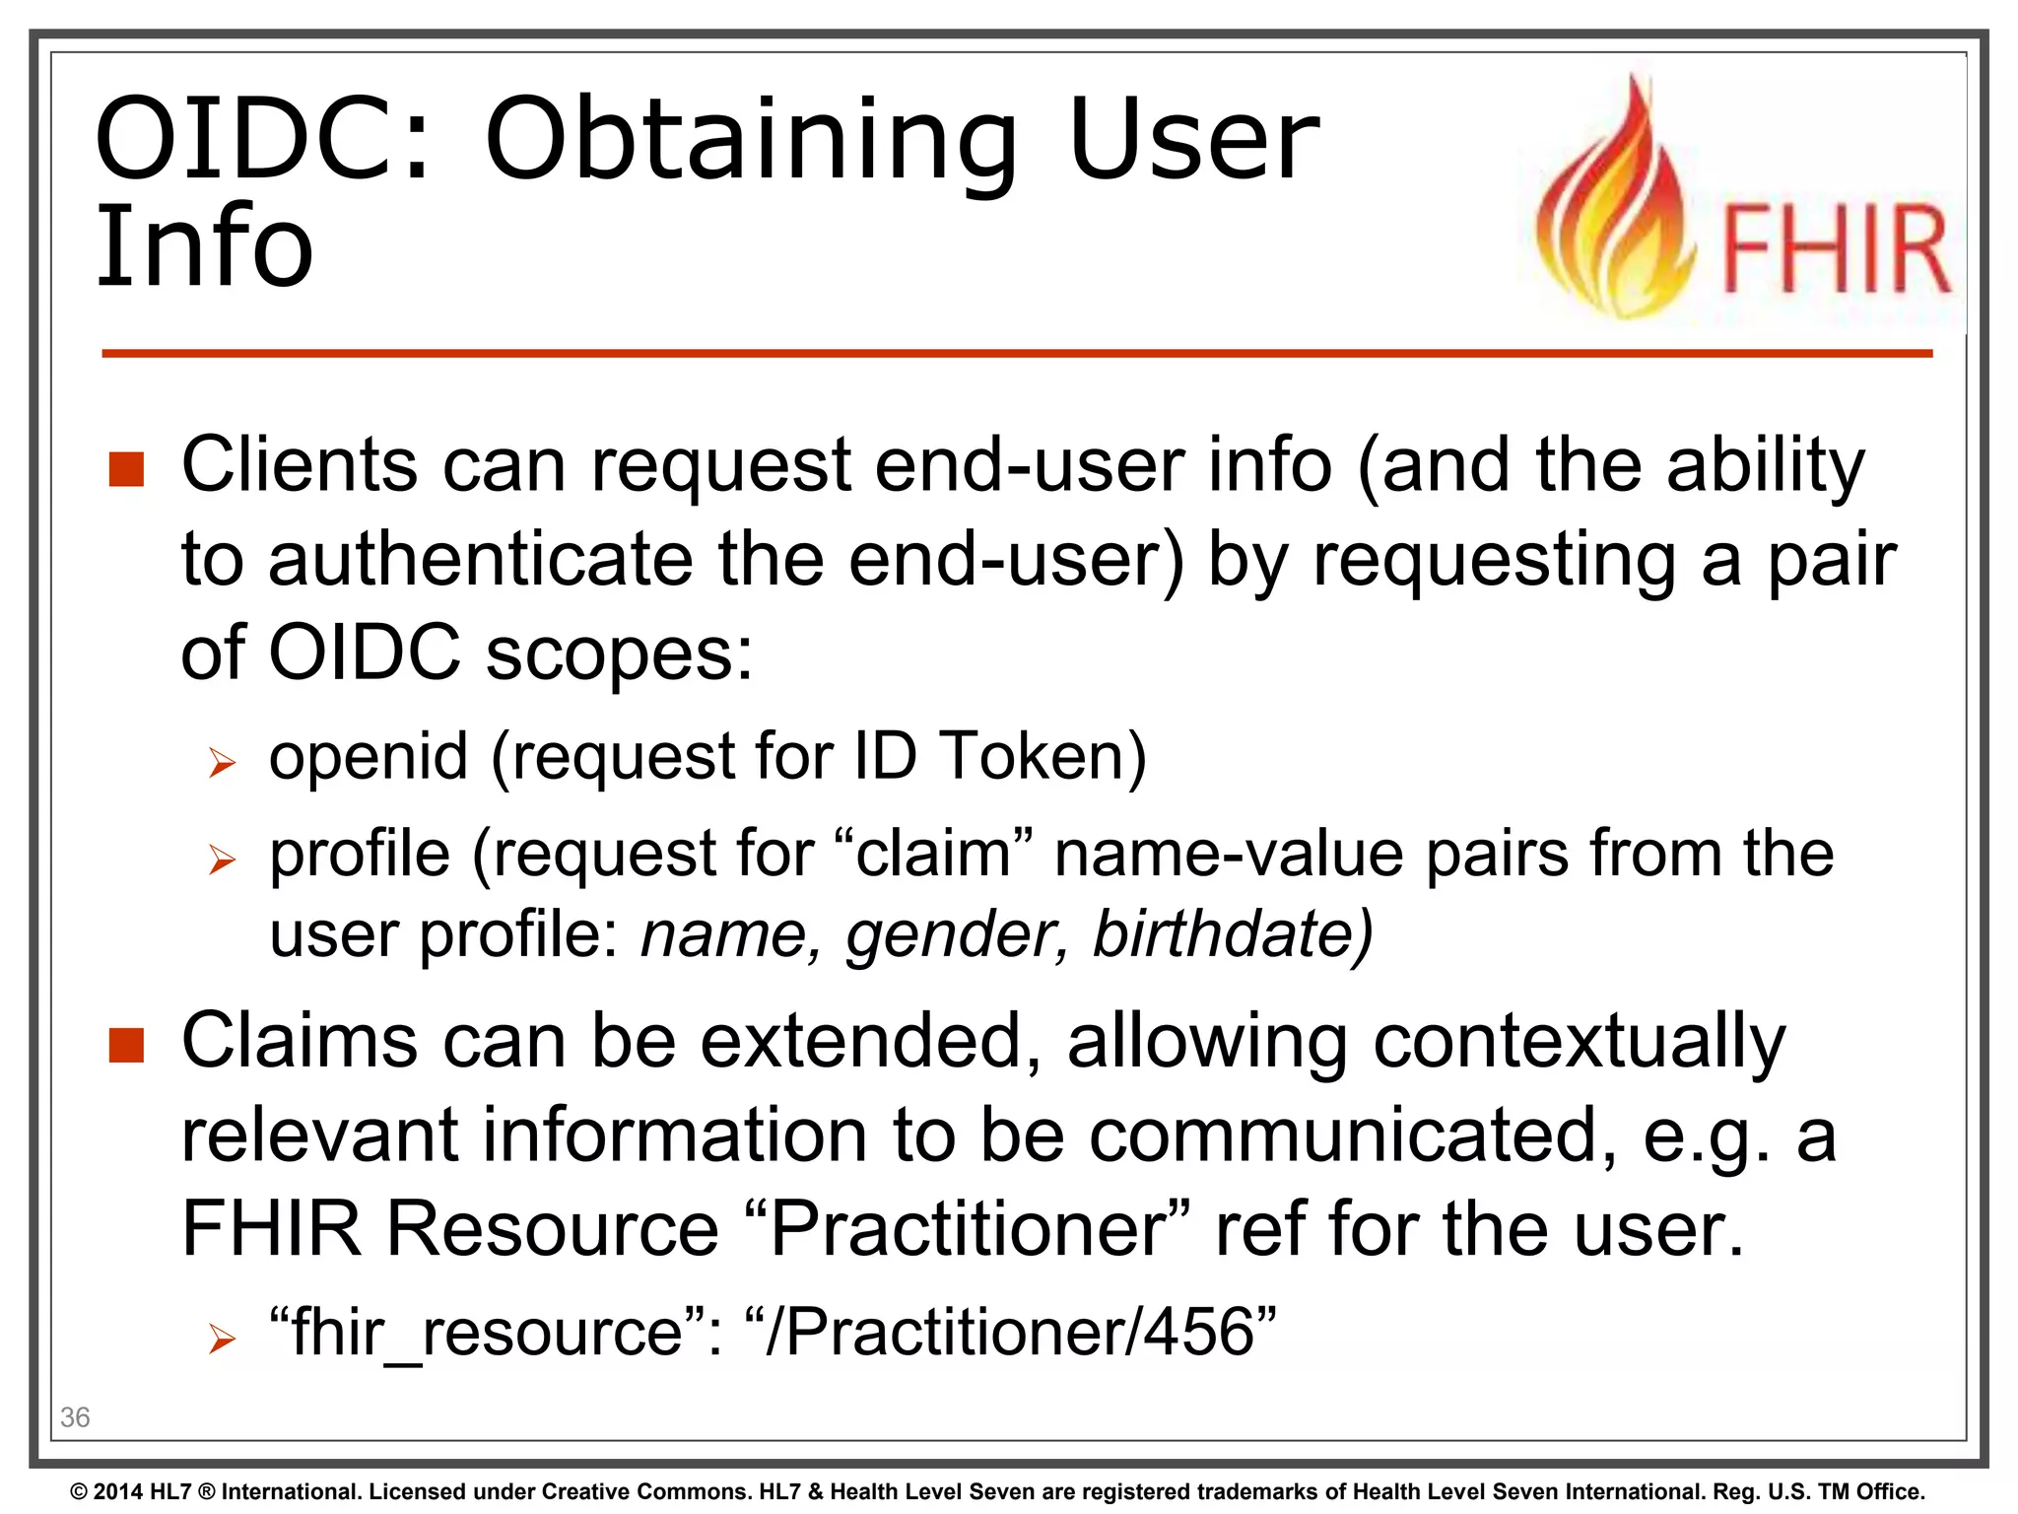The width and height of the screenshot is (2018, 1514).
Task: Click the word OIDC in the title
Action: (263, 139)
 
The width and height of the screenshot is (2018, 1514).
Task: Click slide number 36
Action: (75, 1417)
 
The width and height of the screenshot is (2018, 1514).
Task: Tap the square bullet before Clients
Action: (127, 470)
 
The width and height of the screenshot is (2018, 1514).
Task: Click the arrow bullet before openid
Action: (223, 763)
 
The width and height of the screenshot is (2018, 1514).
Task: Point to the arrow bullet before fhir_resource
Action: (223, 1339)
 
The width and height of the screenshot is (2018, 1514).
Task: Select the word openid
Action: (369, 757)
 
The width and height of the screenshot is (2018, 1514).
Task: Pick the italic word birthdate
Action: (1232, 934)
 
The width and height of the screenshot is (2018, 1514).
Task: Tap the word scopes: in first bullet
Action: (619, 654)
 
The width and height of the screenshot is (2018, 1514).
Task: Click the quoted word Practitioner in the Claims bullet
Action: (969, 1229)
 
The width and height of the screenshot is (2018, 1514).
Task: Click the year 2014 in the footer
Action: (118, 1492)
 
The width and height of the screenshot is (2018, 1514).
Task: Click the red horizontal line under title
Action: (1015, 353)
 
